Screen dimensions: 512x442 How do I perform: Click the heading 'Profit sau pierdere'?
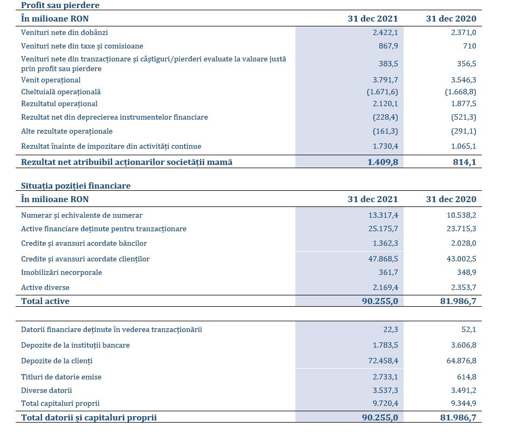point(60,5)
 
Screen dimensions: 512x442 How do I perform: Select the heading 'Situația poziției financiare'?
point(76,185)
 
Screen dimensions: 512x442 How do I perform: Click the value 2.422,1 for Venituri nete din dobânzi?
point(385,32)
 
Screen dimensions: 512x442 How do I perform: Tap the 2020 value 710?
point(469,46)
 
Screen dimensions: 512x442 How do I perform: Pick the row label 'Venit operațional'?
point(51,80)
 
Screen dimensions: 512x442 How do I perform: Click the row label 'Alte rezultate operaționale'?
point(67,131)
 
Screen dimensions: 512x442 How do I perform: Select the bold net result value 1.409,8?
point(383,162)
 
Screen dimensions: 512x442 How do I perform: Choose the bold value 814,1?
point(465,162)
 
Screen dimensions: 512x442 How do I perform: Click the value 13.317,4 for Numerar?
point(383,215)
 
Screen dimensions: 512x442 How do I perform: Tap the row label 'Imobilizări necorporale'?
point(61,272)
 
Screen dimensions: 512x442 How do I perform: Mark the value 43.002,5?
point(461,259)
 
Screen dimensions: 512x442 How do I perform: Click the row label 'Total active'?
point(45,301)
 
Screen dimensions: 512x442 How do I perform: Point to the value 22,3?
point(391,329)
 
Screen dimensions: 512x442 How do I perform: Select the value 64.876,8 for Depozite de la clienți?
point(461,361)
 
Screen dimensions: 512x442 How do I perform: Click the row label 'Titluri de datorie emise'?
point(61,377)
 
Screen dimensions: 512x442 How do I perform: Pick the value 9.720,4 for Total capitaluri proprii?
point(385,403)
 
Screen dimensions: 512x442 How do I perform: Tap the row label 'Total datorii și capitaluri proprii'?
point(89,418)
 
